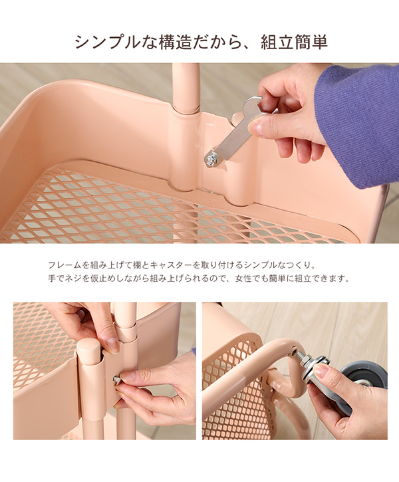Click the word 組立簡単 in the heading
click(x=295, y=43)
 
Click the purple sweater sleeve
click(x=356, y=123)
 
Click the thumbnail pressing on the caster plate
click(x=322, y=371)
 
